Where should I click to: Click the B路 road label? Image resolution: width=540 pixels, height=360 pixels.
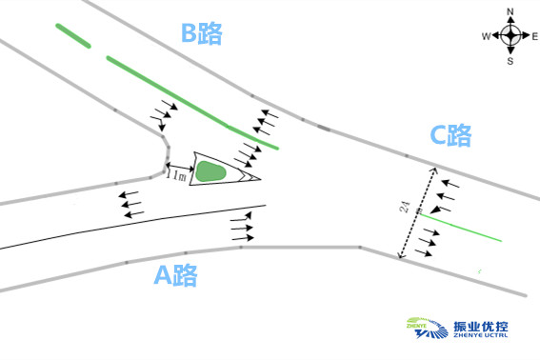202,35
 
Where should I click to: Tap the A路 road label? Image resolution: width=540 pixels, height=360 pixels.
175,276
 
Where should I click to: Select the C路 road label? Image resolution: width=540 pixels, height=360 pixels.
450,136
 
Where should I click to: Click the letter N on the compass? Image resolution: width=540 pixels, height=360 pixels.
510,12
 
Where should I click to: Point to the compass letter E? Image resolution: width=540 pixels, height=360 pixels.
533,36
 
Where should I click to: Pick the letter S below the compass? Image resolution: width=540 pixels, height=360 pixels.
510,60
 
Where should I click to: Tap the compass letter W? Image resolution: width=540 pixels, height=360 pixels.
486,36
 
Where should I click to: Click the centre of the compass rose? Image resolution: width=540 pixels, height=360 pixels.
510,36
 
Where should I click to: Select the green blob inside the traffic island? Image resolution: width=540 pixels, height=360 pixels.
210,171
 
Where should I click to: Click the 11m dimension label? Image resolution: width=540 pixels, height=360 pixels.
175,175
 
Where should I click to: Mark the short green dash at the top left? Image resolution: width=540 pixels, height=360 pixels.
73,35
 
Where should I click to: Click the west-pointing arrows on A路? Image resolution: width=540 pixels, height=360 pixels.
131,203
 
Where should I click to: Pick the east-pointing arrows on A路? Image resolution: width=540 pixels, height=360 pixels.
243,228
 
